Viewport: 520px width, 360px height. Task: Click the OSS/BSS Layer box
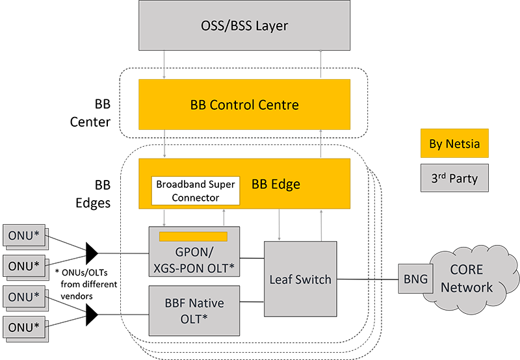coord(244,27)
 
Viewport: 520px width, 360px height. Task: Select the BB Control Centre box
coord(244,104)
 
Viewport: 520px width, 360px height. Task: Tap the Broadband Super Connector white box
coord(196,190)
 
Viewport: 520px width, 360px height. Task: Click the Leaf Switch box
coord(300,279)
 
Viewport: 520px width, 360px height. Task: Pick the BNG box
coord(415,279)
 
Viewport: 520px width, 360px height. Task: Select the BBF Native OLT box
coord(195,309)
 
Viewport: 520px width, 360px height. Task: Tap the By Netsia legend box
coord(454,144)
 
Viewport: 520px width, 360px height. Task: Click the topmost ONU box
coord(24,233)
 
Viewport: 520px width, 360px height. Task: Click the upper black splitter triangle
coord(92,250)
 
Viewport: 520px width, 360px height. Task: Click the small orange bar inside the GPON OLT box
coord(193,236)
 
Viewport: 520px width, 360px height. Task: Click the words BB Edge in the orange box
coord(276,184)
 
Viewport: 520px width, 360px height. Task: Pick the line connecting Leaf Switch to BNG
coord(367,279)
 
